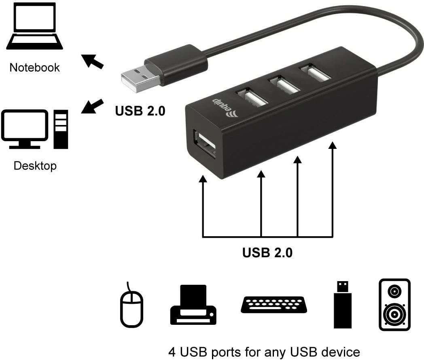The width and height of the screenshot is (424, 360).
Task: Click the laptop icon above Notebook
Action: (x=35, y=25)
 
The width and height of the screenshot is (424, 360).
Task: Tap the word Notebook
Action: (x=34, y=67)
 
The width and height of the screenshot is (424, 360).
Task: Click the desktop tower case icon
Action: (x=61, y=129)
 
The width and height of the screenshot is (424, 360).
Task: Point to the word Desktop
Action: (x=35, y=165)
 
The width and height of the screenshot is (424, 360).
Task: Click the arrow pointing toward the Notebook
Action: (x=92, y=61)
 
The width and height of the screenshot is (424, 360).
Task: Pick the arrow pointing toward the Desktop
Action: (x=92, y=106)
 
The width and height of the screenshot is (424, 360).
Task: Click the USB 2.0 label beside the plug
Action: (x=140, y=110)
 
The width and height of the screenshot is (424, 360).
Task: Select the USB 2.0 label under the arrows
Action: (x=267, y=253)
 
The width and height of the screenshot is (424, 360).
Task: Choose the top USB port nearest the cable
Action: (x=314, y=74)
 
